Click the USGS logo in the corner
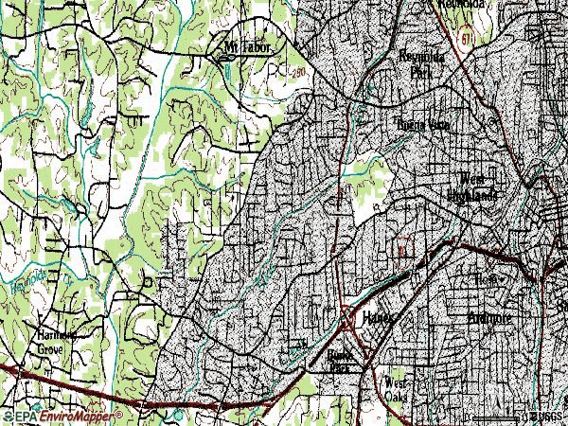coord(546,416)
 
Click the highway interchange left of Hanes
coord(348,320)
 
